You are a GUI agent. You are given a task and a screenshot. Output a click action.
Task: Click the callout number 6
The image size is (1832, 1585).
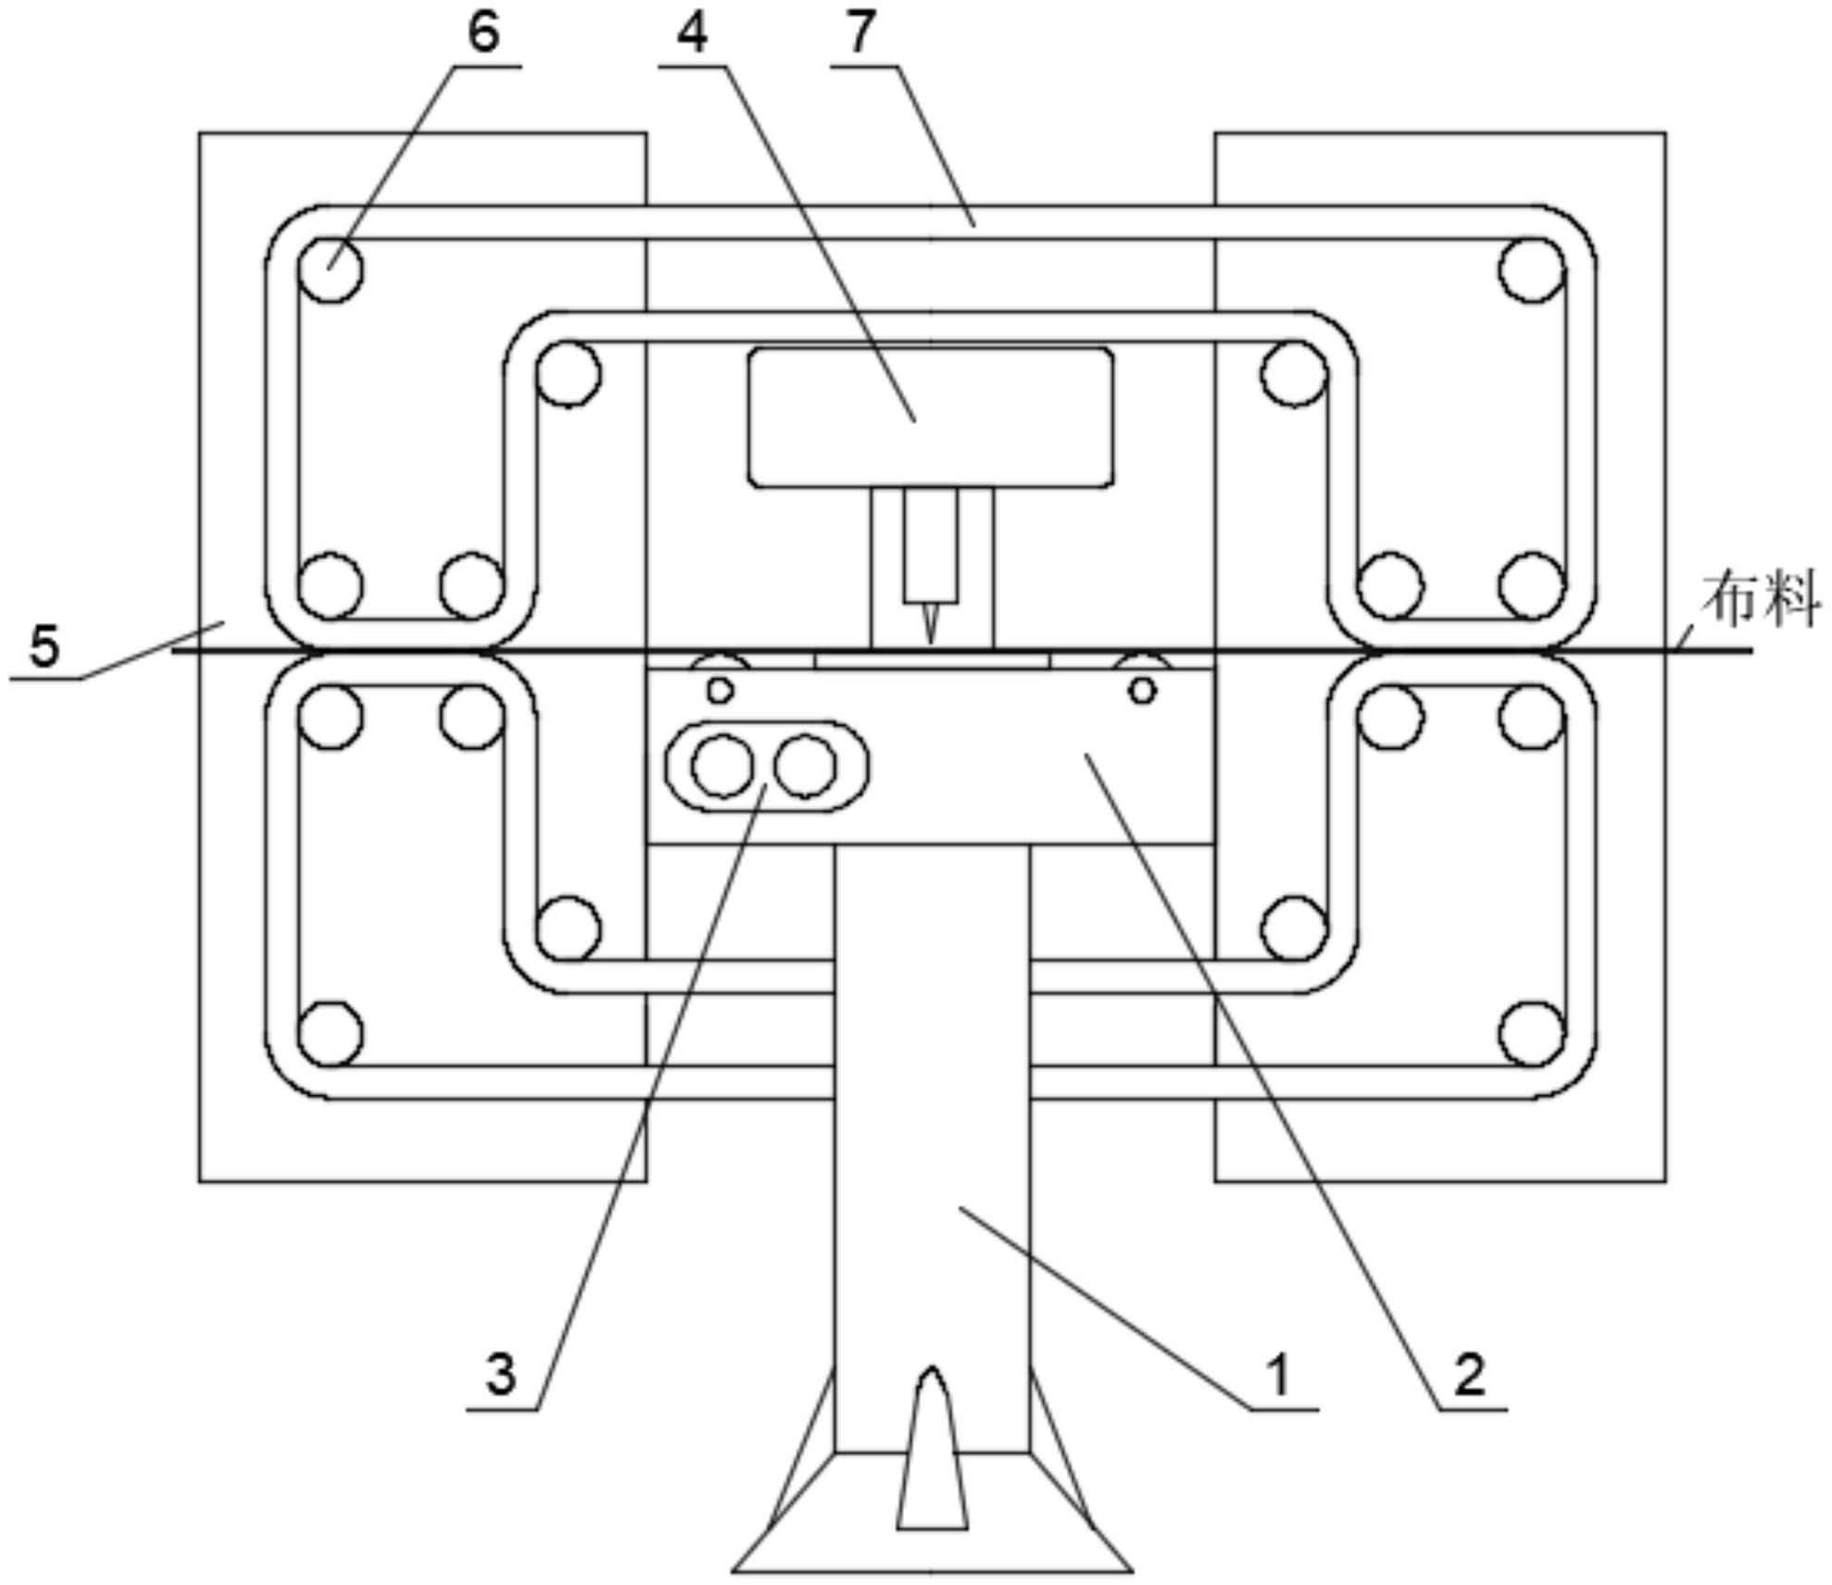click(483, 33)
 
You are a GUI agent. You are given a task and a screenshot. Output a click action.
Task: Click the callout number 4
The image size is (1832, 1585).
click(692, 33)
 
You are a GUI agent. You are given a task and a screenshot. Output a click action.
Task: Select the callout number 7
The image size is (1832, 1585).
click(860, 33)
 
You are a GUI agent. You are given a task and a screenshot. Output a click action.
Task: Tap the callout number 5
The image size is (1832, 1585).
click(44, 645)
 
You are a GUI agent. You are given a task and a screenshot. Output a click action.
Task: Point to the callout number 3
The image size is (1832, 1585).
click(501, 1374)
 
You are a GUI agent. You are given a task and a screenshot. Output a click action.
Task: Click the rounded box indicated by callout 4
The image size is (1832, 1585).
click(931, 417)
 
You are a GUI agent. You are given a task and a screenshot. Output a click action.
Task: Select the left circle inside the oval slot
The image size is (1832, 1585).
click(722, 767)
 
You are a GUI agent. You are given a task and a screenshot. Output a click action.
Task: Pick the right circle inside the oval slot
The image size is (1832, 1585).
click(806, 767)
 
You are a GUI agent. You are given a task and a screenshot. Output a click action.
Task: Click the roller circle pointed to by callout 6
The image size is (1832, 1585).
click(331, 269)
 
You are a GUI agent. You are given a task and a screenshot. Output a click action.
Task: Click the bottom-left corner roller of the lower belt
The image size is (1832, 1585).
click(331, 1032)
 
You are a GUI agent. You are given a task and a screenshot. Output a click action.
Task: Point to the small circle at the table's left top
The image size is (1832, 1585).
click(720, 689)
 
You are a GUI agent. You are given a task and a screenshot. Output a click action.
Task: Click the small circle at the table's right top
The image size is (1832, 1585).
click(1143, 689)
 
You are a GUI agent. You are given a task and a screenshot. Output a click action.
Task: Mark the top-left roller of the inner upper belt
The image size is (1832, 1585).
click(568, 373)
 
